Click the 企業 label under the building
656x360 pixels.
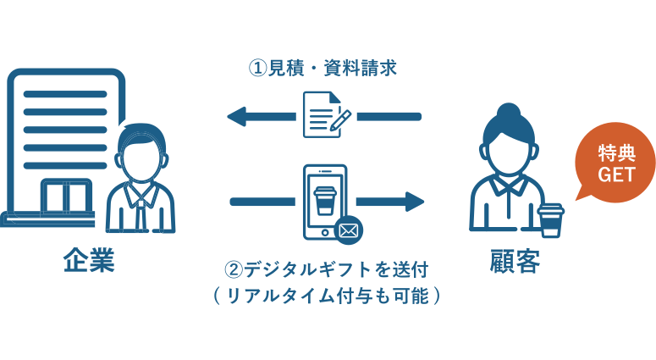[88, 260]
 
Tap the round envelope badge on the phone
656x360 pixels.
[348, 229]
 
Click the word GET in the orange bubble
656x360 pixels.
[615, 174]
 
